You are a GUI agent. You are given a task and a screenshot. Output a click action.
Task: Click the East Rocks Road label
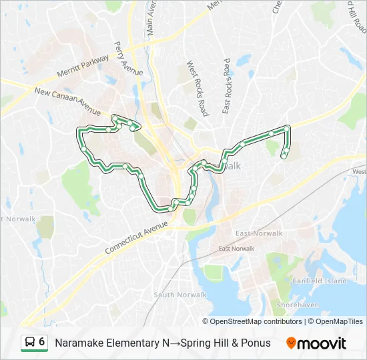[227, 85]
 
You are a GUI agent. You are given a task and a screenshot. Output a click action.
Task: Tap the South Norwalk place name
[174, 295]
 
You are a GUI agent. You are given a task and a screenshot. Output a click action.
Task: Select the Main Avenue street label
[150, 18]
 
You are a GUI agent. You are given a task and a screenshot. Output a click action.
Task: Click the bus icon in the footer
[30, 343]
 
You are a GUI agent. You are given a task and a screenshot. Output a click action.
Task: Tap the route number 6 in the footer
[41, 342]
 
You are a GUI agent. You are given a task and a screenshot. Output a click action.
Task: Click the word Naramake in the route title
[81, 343]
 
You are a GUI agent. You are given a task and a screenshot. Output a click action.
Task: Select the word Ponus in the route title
[257, 343]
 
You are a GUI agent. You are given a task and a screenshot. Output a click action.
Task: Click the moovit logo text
[322, 343]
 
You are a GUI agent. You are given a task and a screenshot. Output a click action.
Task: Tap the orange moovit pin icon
[291, 343]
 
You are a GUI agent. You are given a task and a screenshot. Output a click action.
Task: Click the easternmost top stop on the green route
[287, 128]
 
